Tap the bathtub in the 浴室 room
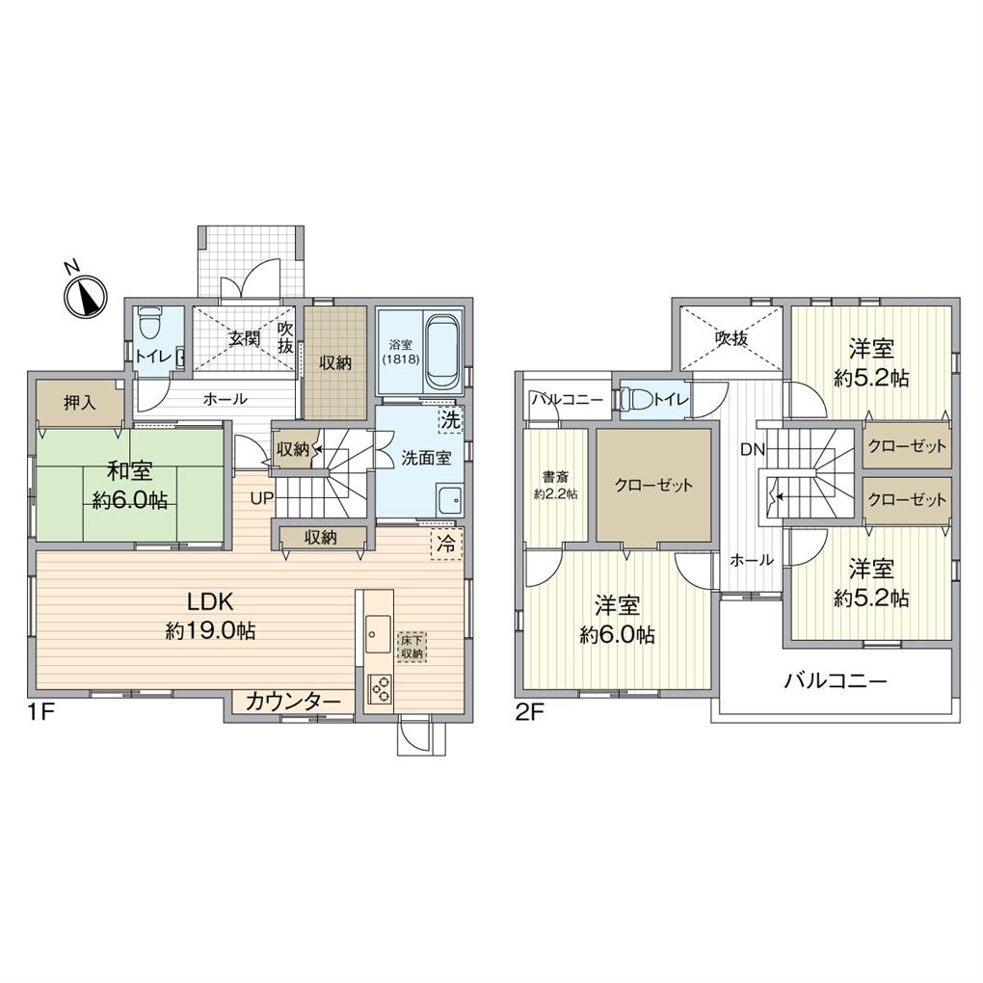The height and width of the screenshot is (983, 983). [441, 350]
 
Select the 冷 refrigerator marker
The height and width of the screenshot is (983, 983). [446, 544]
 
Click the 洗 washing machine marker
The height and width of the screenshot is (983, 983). [449, 419]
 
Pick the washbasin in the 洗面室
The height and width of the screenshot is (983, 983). [448, 500]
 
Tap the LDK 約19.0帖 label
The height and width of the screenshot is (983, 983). [210, 617]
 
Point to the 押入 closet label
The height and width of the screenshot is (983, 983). [80, 403]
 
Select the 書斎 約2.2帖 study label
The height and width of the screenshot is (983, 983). [556, 484]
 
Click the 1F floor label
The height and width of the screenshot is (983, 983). [39, 716]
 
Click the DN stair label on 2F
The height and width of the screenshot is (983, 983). [753, 449]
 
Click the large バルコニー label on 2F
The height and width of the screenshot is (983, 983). [834, 681]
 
